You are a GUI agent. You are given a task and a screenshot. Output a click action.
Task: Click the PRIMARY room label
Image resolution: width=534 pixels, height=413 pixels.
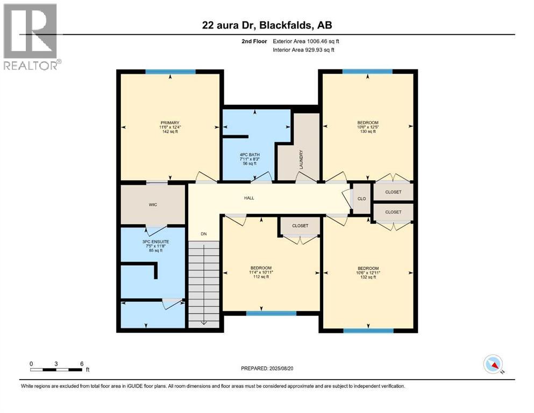tap(170, 123)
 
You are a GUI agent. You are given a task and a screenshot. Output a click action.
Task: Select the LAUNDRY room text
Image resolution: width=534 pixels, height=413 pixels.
tap(302, 159)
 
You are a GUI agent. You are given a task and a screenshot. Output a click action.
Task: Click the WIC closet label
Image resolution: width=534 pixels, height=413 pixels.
tap(152, 204)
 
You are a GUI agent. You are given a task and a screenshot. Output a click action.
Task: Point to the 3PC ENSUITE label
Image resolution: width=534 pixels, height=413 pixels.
tap(155, 241)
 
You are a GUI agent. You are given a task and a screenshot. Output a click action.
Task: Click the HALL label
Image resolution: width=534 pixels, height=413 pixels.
tap(248, 198)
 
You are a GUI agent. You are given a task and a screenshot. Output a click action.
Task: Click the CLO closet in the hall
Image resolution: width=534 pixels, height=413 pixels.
tap(361, 198)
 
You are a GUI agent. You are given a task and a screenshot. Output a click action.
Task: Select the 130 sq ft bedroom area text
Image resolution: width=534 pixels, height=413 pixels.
tap(368, 132)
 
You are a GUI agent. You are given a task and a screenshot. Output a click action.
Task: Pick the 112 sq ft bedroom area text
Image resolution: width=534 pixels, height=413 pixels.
tap(261, 278)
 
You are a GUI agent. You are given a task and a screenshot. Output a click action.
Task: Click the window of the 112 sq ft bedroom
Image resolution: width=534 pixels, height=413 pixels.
tap(271, 313)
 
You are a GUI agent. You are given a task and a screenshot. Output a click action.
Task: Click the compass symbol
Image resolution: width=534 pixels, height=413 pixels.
tap(493, 364)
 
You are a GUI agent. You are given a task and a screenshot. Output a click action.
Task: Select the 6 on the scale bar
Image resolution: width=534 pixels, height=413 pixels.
tap(82, 364)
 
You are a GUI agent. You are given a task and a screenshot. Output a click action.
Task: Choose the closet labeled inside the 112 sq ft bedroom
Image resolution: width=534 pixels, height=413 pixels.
tap(300, 226)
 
